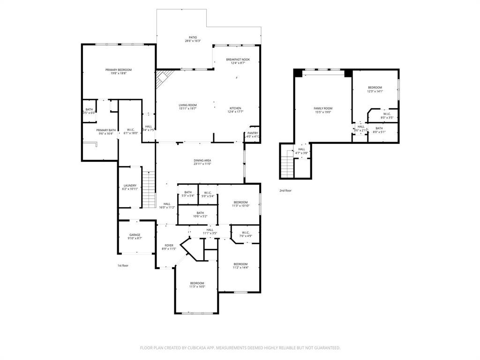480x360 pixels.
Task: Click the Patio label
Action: pos(193,37)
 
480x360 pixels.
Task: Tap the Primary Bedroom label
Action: pos(118,70)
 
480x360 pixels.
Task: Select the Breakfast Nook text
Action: pos(238,60)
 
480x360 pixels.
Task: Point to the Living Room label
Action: pos(187,105)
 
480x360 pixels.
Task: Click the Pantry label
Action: pos(253,133)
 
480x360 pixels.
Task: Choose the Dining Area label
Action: pos(202,160)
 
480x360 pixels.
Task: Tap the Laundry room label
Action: pos(129,186)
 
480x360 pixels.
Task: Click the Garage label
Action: pos(135,235)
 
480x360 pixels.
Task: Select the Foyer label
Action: pos(169,245)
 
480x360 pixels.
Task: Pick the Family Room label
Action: pos(322,108)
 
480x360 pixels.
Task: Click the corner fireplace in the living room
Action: pos(163,77)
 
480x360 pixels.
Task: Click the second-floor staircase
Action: pos(286,164)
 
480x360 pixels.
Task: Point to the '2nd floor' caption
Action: pos(285,191)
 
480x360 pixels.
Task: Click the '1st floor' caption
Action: pos(123,266)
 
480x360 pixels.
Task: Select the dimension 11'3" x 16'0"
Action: pos(197,286)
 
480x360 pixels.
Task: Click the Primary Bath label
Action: pos(106,130)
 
